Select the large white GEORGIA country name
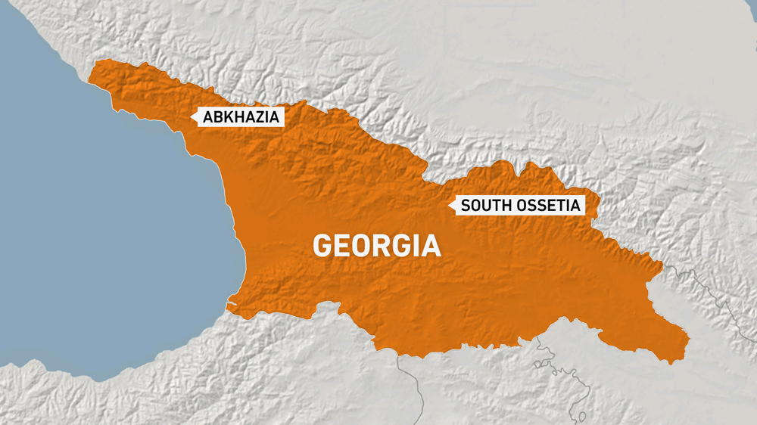point(377,246)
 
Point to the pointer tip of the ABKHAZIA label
point(194,116)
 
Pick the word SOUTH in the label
point(481,205)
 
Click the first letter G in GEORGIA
point(322,246)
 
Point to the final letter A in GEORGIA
point(431,246)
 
